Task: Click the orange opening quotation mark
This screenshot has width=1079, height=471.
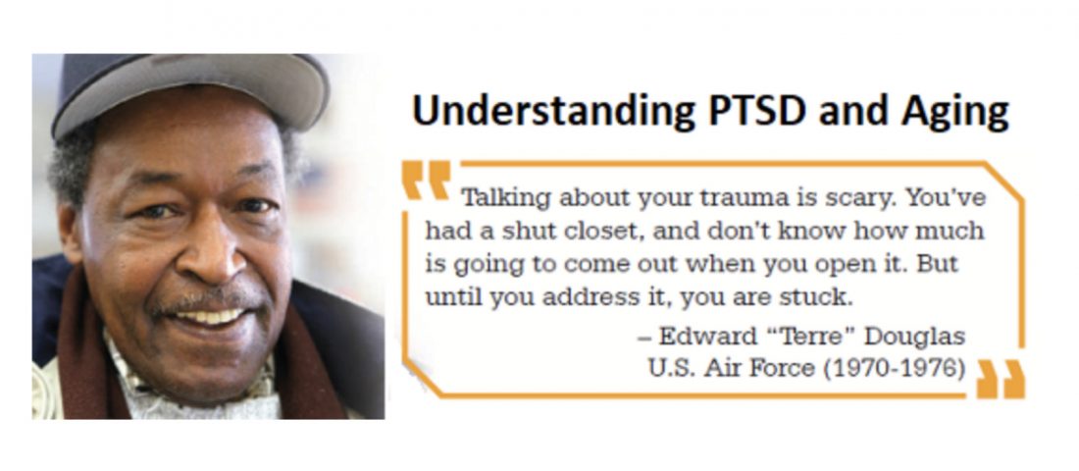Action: [x=427, y=181]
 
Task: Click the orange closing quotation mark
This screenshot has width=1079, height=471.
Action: [x=1001, y=379]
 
